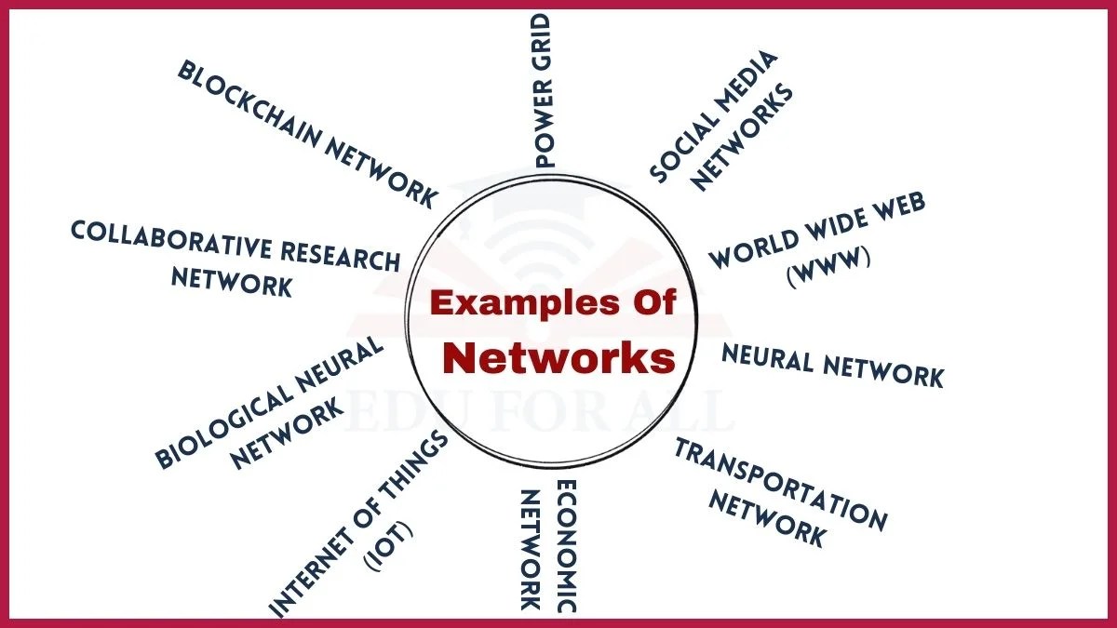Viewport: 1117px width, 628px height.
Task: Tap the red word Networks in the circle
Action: [558, 357]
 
